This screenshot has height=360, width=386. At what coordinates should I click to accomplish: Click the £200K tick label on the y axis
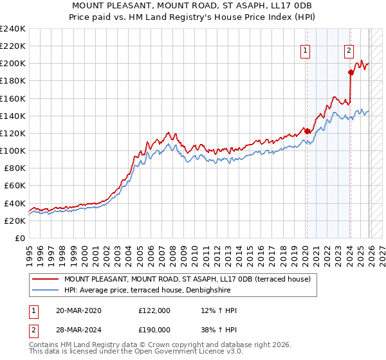click(13, 64)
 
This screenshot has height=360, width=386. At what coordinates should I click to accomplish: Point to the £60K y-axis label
click(15, 185)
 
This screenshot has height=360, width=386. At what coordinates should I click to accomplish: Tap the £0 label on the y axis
click(21, 238)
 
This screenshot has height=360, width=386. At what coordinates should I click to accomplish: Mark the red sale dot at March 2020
click(307, 131)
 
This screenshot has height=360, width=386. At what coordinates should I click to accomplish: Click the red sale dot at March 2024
click(351, 72)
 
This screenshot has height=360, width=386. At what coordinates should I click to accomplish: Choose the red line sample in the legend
click(46, 279)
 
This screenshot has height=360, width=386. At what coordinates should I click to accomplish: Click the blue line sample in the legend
click(46, 290)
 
